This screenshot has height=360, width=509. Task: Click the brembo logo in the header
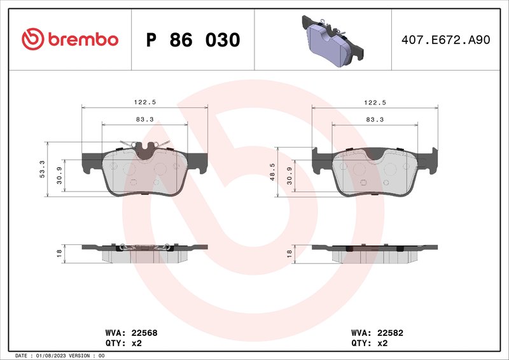(70, 39)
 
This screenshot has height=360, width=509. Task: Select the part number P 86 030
(193, 40)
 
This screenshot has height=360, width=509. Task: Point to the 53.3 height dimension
(43, 169)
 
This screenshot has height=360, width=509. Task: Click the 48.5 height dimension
(272, 172)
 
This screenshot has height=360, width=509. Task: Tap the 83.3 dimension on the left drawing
(145, 119)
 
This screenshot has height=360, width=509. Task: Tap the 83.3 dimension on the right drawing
(375, 119)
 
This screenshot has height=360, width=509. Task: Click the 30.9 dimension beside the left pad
(59, 176)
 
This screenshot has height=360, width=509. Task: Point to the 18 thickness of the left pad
(59, 253)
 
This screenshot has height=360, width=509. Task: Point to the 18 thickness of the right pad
(289, 253)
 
